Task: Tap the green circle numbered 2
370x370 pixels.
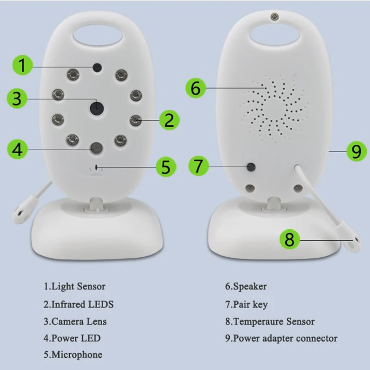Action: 169,120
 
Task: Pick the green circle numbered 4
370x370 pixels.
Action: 18,149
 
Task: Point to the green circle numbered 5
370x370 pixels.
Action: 165,166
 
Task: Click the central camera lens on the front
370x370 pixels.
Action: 96,108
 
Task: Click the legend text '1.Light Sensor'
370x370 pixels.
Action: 74,286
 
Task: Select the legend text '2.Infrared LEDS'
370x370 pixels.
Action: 79,304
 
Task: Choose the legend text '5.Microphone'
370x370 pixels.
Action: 73,355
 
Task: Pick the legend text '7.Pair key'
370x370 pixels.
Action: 247,304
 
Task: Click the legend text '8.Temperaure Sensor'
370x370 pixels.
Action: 270,321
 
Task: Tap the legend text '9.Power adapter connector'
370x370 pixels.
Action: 282,338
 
